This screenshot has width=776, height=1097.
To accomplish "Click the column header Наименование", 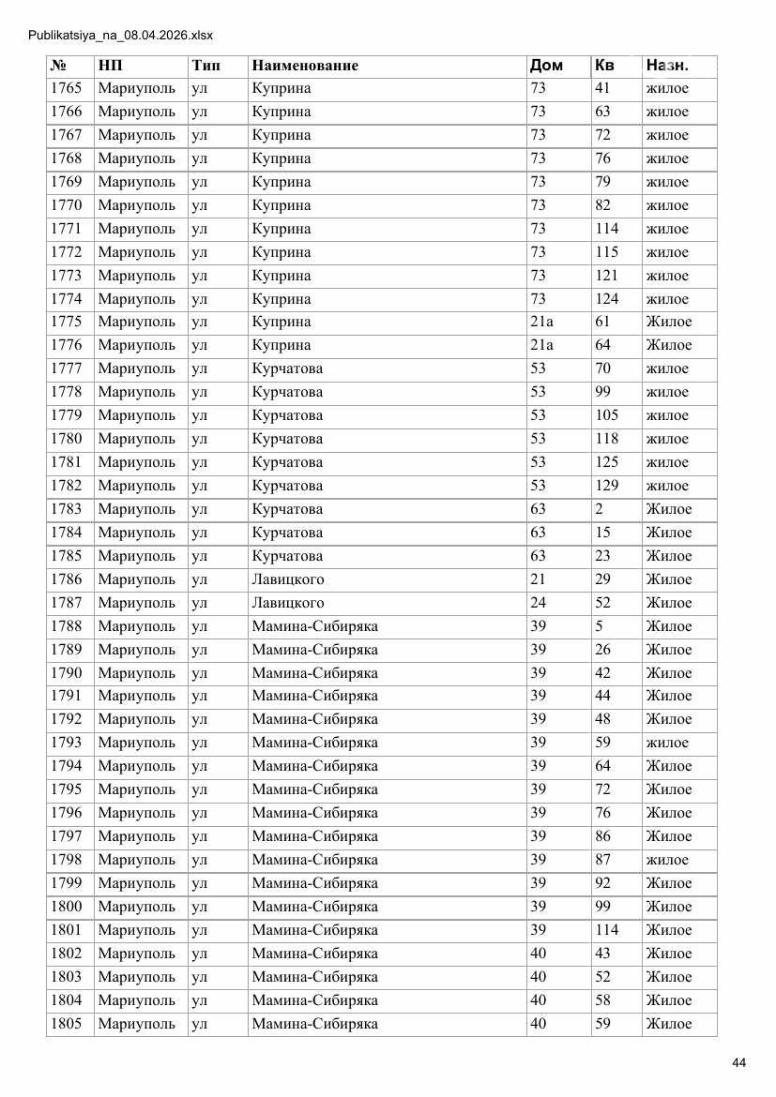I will [x=305, y=66].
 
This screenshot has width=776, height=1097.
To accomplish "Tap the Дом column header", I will [x=546, y=66].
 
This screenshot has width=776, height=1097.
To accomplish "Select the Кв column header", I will [x=604, y=66].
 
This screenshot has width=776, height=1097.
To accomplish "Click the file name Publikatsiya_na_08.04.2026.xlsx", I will [x=121, y=36].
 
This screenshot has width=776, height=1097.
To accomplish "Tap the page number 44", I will [x=738, y=1062].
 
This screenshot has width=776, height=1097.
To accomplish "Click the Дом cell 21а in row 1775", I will [x=541, y=322].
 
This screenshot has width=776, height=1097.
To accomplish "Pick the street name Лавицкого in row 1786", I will [x=287, y=579].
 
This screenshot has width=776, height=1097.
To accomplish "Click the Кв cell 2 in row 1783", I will [x=599, y=509].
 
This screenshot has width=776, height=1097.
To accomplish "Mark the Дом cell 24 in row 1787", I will [x=538, y=603].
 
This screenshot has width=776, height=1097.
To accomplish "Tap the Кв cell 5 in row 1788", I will [x=599, y=626].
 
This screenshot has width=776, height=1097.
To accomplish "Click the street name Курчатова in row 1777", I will [x=286, y=368].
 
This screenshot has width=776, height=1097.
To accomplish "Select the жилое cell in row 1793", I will [x=667, y=743].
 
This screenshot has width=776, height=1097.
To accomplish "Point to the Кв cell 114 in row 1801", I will [x=607, y=930].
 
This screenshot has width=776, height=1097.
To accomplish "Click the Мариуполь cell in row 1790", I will [x=136, y=672].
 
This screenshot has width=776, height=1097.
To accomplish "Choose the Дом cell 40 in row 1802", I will [x=538, y=954].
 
